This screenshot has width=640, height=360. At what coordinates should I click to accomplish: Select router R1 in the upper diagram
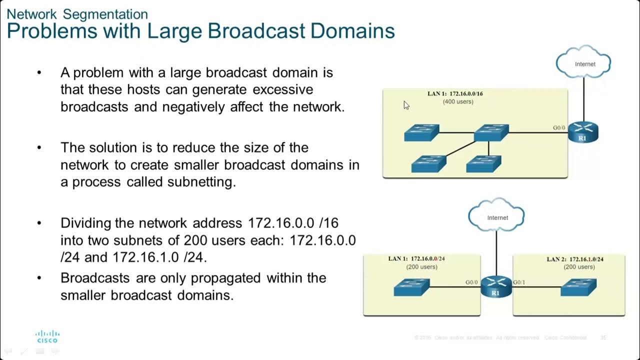(582, 133)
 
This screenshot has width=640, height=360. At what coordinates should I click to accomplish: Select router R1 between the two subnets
(496, 287)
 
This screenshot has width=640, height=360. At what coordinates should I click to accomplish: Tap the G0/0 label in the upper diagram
(559, 128)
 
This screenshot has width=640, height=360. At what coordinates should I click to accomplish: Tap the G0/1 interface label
(519, 282)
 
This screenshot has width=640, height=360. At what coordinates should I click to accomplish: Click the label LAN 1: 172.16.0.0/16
(455, 93)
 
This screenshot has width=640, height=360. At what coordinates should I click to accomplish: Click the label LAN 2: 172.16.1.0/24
(575, 259)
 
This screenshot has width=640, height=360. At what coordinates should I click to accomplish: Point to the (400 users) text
(458, 102)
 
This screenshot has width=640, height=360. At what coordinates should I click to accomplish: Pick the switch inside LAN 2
(578, 287)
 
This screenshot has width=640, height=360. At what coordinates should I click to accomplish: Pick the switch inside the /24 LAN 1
(411, 287)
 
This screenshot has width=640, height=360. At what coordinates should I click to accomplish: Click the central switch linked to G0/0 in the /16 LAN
(491, 132)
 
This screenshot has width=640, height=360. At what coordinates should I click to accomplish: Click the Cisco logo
(47, 336)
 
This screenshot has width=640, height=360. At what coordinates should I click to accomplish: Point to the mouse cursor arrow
(406, 105)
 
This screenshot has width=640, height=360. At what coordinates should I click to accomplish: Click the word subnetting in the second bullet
(204, 182)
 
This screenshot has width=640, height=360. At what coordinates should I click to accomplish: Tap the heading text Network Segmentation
(77, 14)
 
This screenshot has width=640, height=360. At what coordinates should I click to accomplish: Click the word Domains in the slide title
(352, 31)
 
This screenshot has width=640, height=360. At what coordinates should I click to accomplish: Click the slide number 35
(603, 338)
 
